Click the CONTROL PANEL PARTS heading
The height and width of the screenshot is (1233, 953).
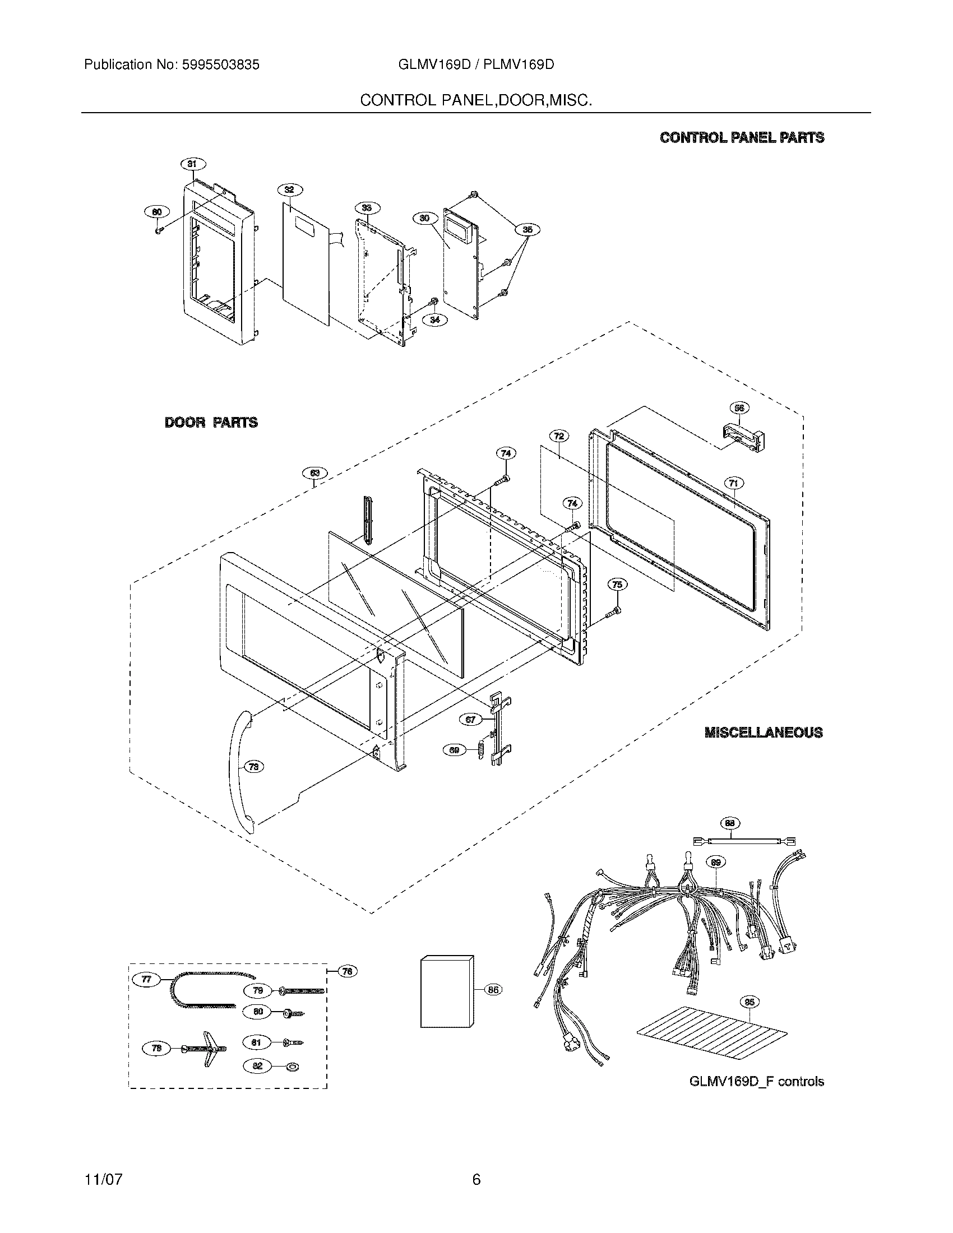742,137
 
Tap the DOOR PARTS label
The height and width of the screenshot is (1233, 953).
211,422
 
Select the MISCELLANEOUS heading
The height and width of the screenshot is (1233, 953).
764,733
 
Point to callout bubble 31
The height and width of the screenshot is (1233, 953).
192,164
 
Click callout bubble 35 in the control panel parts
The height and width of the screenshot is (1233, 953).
528,229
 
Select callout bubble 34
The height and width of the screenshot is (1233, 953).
434,319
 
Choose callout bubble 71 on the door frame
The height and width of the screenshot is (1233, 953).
733,483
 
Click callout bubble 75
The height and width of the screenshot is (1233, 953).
617,585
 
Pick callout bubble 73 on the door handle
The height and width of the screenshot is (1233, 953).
254,767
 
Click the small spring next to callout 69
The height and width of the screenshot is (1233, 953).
481,751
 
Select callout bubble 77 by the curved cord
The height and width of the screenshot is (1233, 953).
146,980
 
